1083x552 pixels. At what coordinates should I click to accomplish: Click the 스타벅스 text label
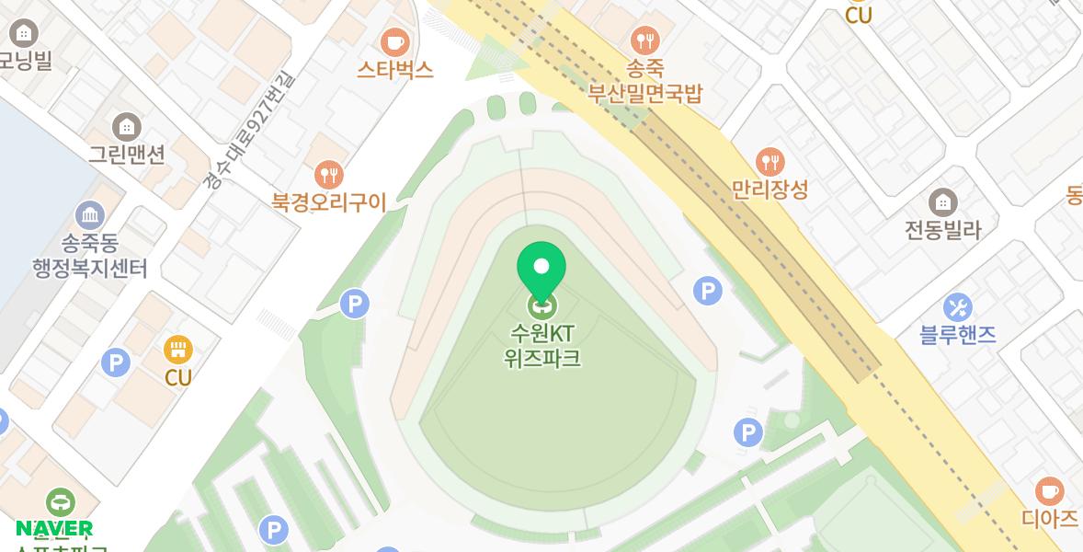[395, 69]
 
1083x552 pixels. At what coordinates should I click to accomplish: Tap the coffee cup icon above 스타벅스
[395, 41]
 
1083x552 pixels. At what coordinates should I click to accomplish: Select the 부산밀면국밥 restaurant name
[645, 93]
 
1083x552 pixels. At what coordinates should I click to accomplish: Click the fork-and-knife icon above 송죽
[645, 40]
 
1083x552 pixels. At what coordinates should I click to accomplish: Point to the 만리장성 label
[769, 190]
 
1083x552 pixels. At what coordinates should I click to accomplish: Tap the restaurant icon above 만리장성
[769, 162]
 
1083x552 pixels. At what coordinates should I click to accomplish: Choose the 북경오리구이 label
[328, 202]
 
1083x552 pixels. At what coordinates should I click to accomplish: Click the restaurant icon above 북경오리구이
[328, 174]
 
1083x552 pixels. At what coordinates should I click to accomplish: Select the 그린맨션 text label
[126, 154]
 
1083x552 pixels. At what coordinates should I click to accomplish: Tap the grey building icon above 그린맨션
[126, 126]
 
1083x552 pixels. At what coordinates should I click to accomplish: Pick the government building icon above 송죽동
[90, 216]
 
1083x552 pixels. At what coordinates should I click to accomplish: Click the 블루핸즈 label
[957, 334]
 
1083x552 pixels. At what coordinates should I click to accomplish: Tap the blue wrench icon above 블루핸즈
[957, 307]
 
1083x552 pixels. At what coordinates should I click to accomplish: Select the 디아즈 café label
[1049, 518]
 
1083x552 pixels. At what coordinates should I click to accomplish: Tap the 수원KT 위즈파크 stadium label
[542, 345]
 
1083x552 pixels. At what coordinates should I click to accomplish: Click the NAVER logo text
[54, 528]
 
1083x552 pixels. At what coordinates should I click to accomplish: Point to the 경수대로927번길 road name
[250, 130]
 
